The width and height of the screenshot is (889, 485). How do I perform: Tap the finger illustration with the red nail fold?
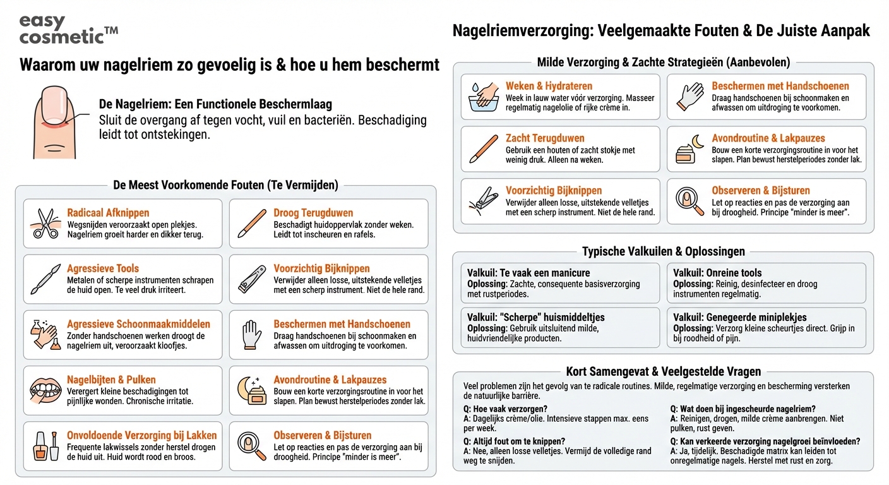tap(56, 123)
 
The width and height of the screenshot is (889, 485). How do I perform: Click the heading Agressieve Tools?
tap(103, 268)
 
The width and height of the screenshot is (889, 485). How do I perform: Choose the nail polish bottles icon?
tap(45, 446)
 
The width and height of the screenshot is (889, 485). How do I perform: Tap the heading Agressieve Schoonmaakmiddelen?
tap(138, 324)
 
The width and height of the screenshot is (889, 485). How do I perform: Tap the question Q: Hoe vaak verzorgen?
tap(505, 409)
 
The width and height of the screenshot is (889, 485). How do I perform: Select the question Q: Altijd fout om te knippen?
tap(514, 441)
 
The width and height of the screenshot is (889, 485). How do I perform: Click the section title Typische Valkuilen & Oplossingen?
tap(663, 252)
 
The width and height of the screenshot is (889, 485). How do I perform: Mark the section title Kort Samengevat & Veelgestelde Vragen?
tap(663, 371)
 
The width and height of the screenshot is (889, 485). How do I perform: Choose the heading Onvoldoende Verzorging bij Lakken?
tap(141, 435)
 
